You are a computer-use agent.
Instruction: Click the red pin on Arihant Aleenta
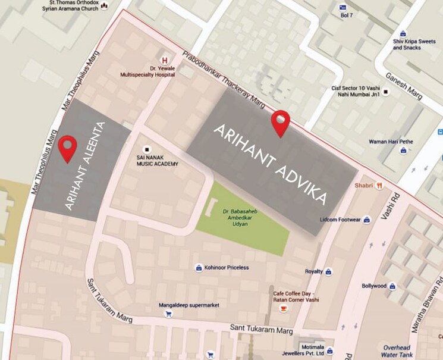[68, 147]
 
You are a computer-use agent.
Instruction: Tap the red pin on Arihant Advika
[280, 122]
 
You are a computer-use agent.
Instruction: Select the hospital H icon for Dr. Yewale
[164, 60]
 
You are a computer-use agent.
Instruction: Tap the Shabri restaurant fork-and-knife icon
[380, 186]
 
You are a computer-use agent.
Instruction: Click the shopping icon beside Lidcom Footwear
[367, 220]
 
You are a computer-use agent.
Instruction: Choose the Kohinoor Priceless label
[227, 268]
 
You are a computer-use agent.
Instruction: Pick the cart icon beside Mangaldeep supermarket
[168, 314]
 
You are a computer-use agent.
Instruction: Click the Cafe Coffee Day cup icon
[284, 308]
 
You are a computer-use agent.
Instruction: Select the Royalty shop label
[313, 271]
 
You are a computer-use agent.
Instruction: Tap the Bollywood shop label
[375, 286]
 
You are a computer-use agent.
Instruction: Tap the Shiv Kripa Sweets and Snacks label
[414, 44]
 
